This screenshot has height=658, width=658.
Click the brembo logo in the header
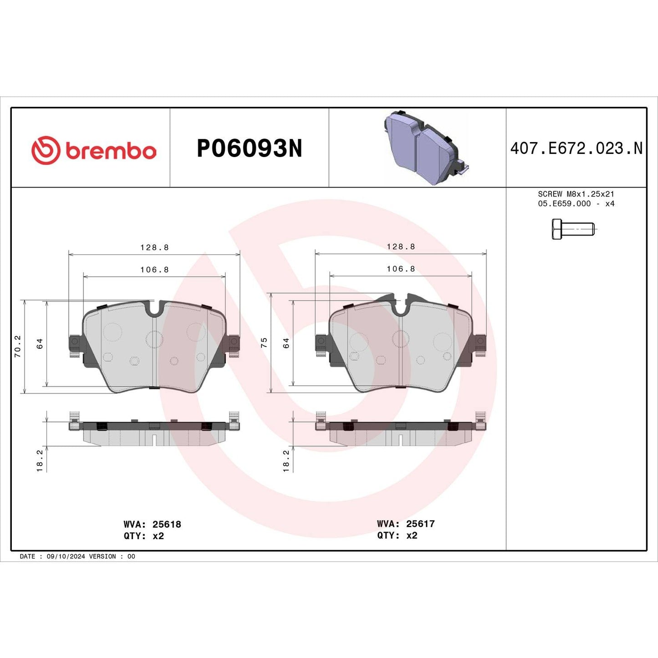[94, 150]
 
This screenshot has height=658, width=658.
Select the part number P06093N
[249, 148]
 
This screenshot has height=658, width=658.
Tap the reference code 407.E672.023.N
[576, 148]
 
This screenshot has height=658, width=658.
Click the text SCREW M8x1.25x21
[576, 194]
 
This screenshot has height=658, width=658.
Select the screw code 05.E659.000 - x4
[576, 204]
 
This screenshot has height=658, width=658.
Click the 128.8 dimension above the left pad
[154, 247]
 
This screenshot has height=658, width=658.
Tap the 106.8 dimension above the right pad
[401, 269]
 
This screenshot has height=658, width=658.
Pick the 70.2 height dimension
[18, 346]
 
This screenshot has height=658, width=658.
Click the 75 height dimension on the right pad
[264, 343]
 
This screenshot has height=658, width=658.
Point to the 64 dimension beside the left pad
[40, 343]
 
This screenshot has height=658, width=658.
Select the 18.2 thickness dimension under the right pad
[286, 460]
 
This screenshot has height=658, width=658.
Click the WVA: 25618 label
[152, 524]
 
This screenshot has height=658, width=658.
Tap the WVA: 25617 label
[405, 524]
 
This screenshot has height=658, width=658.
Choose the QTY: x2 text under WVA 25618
[143, 536]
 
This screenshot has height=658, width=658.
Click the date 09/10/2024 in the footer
[66, 556]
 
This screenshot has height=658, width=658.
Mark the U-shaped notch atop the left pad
[155, 310]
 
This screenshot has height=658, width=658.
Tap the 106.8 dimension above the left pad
[154, 270]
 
